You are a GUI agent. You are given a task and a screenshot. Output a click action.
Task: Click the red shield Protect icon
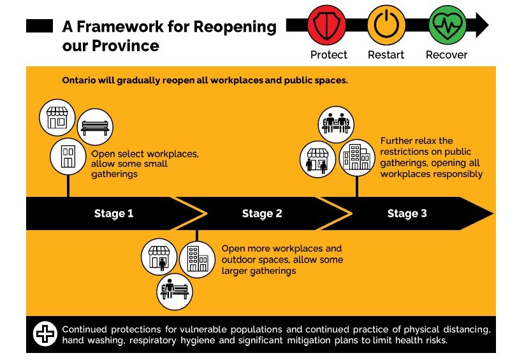pos(326,25)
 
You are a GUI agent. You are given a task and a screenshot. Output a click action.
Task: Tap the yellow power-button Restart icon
pos(386,25)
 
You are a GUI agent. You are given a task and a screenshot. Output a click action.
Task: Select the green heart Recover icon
pos(448,25)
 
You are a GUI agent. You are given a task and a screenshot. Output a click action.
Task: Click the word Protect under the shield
pos(329,55)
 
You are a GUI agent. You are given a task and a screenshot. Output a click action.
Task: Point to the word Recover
pos(446,55)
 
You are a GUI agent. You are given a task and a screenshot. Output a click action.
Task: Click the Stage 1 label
pos(113,213)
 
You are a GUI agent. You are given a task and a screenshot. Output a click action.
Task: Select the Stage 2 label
pos(262,213)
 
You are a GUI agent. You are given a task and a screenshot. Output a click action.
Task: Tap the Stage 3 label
pos(407,213)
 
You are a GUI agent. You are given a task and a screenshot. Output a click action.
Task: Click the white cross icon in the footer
pos(45,334)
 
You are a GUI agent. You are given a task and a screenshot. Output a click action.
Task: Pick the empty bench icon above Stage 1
pos(95,127)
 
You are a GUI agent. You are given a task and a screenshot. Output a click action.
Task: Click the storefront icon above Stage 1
pos(57,117)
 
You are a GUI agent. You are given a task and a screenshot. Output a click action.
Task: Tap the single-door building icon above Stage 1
pos(68,156)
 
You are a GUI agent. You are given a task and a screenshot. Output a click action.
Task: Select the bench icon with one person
pos(175,292)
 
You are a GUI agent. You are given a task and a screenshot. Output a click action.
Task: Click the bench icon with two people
pos(336,124)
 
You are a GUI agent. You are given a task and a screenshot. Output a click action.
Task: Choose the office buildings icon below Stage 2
pos(197,259)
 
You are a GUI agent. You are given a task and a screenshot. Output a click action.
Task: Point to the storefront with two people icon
pos(317,159)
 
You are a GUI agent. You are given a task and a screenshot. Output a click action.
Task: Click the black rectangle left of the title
pos(40,26)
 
